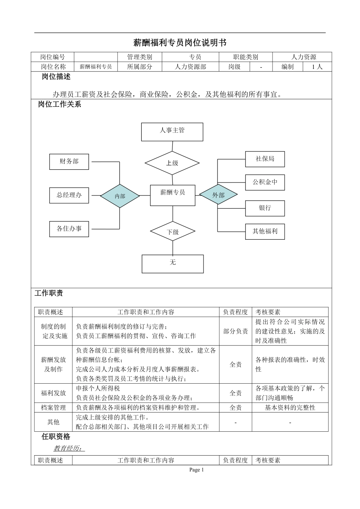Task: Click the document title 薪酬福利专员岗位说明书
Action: pyautogui.click(x=180, y=43)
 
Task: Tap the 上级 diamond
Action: pyautogui.click(x=172, y=163)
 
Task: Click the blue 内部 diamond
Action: pyautogui.click(x=120, y=196)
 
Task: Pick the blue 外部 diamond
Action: pyautogui.click(x=218, y=195)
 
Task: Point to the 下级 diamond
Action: pyautogui.click(x=173, y=232)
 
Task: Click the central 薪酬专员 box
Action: pyautogui.click(x=173, y=195)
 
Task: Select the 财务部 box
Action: pyautogui.click(x=69, y=162)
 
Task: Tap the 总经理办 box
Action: pyautogui.click(x=69, y=195)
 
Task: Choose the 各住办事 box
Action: pyautogui.click(x=69, y=229)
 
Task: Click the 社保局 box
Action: pyautogui.click(x=265, y=159)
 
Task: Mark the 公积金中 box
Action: pyautogui.click(x=265, y=182)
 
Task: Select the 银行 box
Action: pyautogui.click(x=265, y=208)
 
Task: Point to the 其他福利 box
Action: pyautogui.click(x=265, y=231)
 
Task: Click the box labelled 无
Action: pyautogui.click(x=173, y=264)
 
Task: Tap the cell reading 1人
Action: pyautogui.click(x=317, y=67)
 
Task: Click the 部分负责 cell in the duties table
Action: pyautogui.click(x=235, y=331)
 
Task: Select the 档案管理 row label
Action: pyautogui.click(x=53, y=408)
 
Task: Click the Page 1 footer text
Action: pyautogui.click(x=197, y=470)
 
